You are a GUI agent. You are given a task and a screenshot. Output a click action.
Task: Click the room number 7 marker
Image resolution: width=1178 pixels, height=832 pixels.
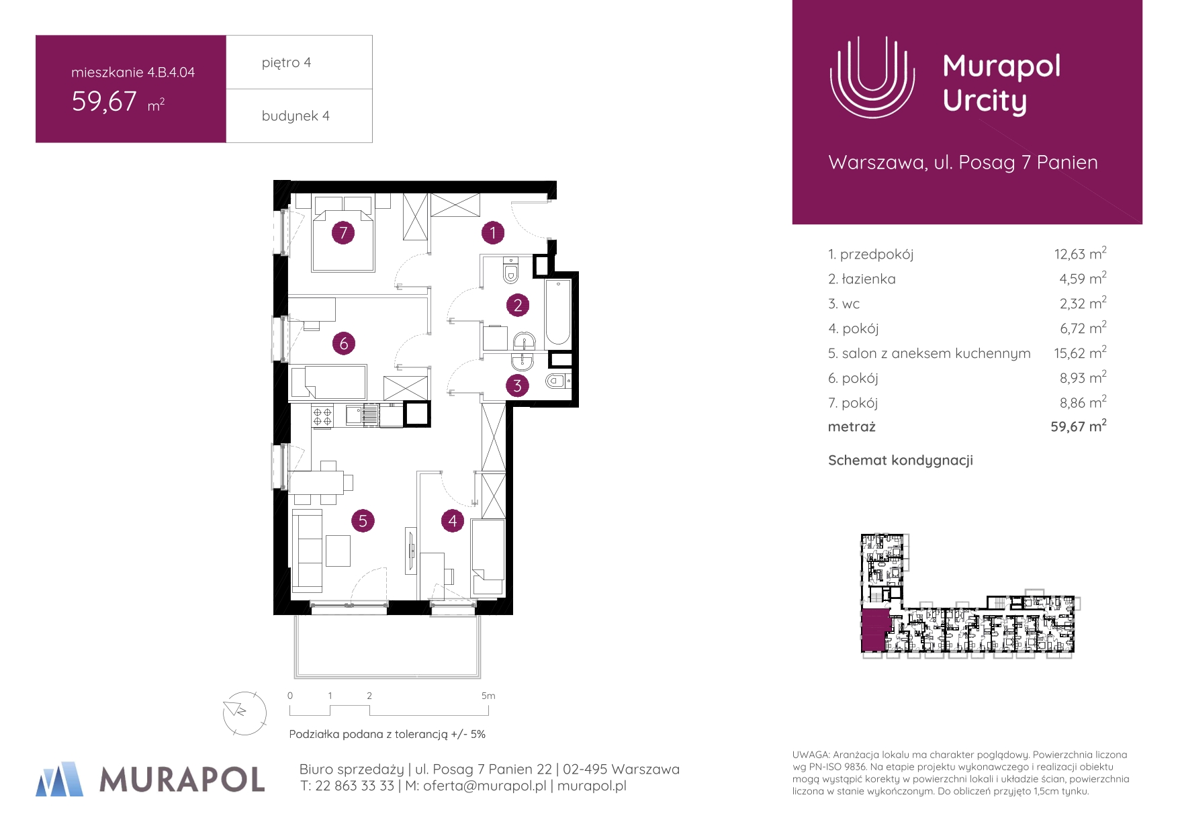pos(343,233)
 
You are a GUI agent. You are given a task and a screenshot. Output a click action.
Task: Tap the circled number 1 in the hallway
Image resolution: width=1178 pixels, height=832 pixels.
pos(493,233)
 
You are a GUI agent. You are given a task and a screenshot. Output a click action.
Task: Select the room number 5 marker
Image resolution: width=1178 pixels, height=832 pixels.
pos(363,520)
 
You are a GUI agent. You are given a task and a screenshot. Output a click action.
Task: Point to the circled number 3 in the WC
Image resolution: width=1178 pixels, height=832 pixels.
pos(517,386)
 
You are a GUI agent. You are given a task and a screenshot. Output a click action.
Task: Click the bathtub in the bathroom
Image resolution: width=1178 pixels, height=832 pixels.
pos(558,313)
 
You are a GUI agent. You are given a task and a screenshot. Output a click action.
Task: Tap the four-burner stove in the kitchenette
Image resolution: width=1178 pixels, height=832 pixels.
pos(322,416)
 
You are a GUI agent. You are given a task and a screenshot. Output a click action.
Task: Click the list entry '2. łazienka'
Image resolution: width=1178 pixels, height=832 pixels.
pos(862,279)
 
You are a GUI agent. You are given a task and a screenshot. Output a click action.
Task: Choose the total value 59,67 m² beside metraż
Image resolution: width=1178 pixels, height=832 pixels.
pos(1079,426)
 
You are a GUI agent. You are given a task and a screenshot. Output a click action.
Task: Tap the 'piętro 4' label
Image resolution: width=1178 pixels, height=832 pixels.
pos(286,62)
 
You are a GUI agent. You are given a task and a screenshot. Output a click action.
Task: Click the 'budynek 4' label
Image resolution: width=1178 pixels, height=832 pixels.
pos(296,115)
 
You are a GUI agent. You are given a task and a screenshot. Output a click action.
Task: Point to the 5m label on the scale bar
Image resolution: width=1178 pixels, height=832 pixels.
pos(488,696)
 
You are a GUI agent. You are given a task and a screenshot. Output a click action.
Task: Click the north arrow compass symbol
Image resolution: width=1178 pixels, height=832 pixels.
pos(244,713)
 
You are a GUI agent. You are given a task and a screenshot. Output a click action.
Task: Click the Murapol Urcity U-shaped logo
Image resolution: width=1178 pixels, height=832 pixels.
pos(872,77)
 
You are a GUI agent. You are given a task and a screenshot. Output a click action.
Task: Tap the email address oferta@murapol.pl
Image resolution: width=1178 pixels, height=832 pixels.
pos(484,786)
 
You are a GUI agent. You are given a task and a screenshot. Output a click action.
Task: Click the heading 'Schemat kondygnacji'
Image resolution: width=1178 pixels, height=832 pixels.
pos(901,461)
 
